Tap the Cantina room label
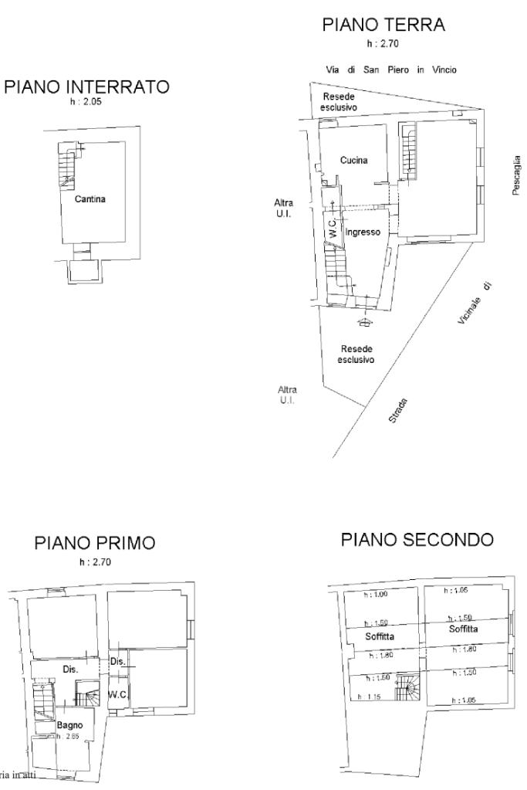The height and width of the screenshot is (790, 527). coord(90,199)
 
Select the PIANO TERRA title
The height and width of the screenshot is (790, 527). coord(383,25)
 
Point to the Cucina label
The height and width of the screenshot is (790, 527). coord(353,161)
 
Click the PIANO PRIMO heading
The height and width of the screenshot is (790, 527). coord(95,544)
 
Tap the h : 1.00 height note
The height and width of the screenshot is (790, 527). coord(376,594)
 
